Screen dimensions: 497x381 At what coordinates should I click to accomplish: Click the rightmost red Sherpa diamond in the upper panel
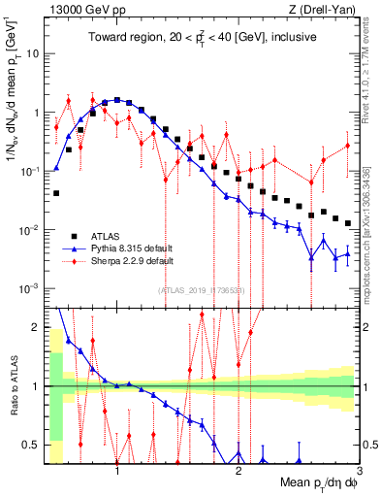(x=348, y=146)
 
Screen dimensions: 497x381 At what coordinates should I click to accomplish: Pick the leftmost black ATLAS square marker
(x=56, y=193)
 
